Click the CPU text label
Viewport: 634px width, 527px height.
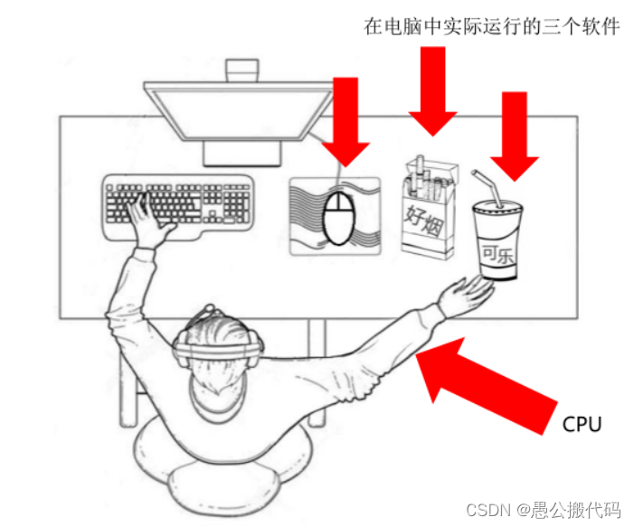coord(582,424)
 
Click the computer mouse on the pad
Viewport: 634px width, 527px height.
coord(339,218)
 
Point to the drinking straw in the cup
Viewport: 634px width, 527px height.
coord(488,187)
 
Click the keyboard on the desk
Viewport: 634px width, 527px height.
coord(179,207)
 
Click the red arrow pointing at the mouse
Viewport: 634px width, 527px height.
coord(345,122)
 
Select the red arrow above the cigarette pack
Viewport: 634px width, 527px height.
coord(433,91)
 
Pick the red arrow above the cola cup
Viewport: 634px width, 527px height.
coord(515,136)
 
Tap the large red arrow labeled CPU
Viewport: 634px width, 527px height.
coord(485,384)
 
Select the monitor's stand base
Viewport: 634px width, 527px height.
coord(241,154)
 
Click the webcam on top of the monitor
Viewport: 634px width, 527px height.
coord(241,71)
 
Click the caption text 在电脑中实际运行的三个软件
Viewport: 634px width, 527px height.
coord(491,27)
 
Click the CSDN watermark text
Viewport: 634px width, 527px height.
coord(543,510)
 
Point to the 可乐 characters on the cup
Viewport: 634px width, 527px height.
coord(497,255)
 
